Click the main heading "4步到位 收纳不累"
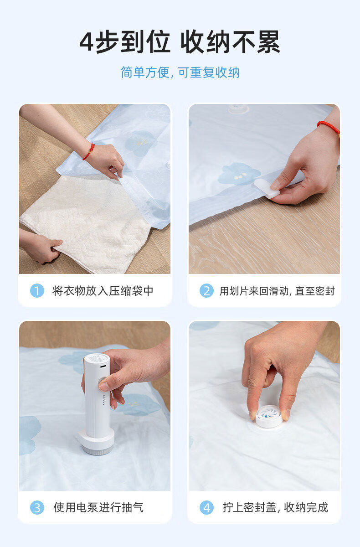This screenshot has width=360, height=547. coord(180,41)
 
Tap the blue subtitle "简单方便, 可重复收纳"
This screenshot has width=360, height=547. coord(180,72)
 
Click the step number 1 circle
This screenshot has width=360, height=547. coord(37,291)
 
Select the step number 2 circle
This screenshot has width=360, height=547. coord(206,291)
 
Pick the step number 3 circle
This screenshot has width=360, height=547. coord(37,507)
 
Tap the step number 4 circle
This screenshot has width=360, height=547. coord(206,507)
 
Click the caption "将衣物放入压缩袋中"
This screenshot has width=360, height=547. coord(103,291)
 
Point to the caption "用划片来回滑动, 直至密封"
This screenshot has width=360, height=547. coord(277,291)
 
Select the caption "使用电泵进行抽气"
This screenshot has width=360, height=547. coord(98,507)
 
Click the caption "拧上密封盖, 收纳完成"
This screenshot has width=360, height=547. coord(275,507)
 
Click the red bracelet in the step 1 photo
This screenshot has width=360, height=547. coord(89,152)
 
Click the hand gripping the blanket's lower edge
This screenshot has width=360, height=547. coord(41,247)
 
